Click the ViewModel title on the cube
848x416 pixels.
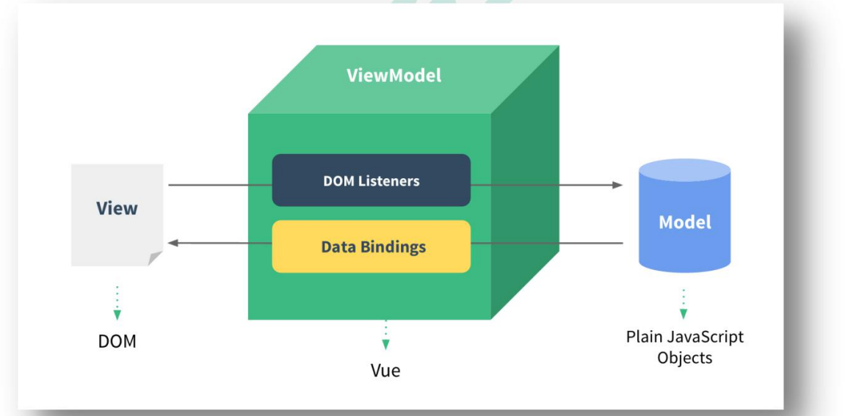pyautogui.click(x=394, y=76)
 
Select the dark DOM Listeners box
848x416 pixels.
pyautogui.click(x=371, y=180)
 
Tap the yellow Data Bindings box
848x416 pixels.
pyautogui.click(x=371, y=247)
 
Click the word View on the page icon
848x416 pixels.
pyautogui.click(x=117, y=208)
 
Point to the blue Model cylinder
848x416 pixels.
pyautogui.click(x=684, y=217)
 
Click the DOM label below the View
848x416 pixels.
pyautogui.click(x=117, y=341)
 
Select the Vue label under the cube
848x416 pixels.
pyautogui.click(x=385, y=371)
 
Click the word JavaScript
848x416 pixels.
pyautogui.click(x=704, y=337)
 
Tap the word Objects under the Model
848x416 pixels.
pyautogui.click(x=684, y=357)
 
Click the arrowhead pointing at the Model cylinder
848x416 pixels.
pyautogui.click(x=618, y=185)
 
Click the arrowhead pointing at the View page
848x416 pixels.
pyautogui.click(x=173, y=243)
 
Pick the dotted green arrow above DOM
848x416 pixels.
pyautogui.click(x=117, y=304)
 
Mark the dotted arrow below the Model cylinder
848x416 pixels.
pyautogui.click(x=684, y=304)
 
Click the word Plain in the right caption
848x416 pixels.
pyautogui.click(x=643, y=337)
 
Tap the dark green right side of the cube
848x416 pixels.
pyautogui.click(x=524, y=183)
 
